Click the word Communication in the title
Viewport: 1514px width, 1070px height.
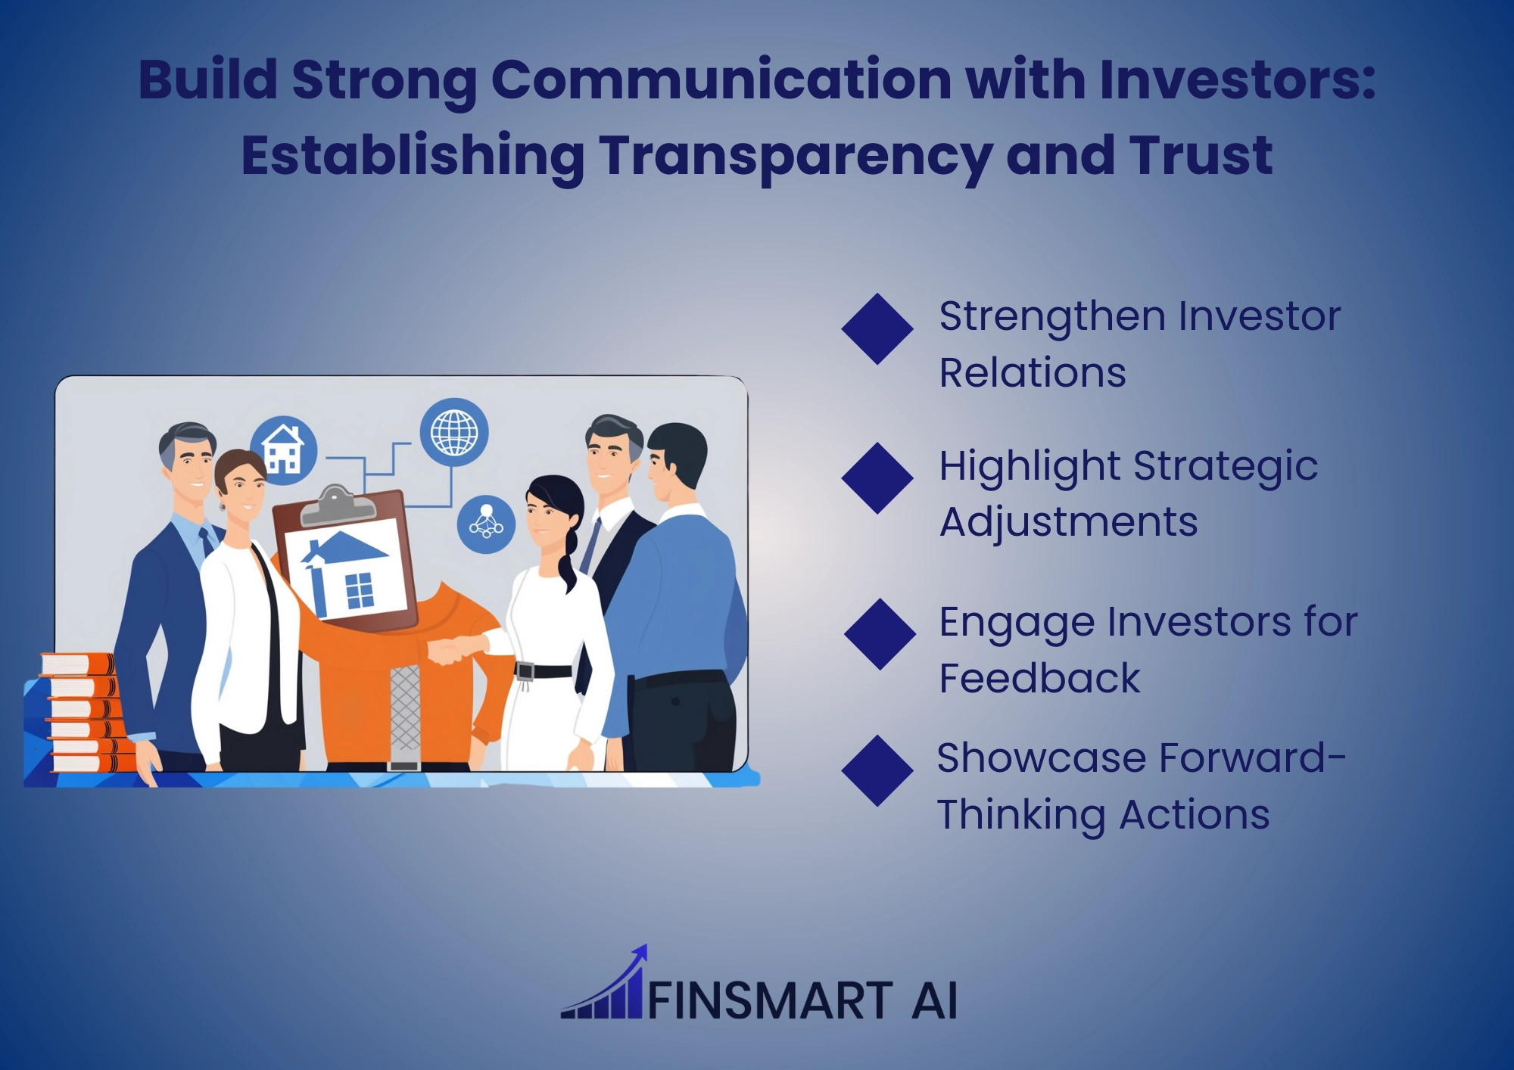[x=721, y=79]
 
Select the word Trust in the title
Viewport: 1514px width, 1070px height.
[x=1200, y=155]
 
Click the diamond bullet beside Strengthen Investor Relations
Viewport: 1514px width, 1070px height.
[x=877, y=329]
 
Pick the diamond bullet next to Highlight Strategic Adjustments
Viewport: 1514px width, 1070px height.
[x=877, y=478]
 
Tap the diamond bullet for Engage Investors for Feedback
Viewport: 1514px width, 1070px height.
[x=880, y=634]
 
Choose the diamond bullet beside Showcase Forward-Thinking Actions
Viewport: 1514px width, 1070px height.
[x=877, y=770]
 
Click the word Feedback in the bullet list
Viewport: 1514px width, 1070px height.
[x=1039, y=678]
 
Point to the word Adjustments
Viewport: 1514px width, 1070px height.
[x=1068, y=523]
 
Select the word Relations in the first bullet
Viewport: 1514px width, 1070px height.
[x=1033, y=373]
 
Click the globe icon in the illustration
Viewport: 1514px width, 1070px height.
[x=454, y=432]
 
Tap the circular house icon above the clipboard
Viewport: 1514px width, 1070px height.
[x=284, y=449]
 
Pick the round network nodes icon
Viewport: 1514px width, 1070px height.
[x=486, y=524]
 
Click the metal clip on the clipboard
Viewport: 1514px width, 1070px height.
[x=338, y=505]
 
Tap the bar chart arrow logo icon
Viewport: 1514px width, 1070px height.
[x=605, y=982]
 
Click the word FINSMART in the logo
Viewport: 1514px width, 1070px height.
[x=771, y=1000]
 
